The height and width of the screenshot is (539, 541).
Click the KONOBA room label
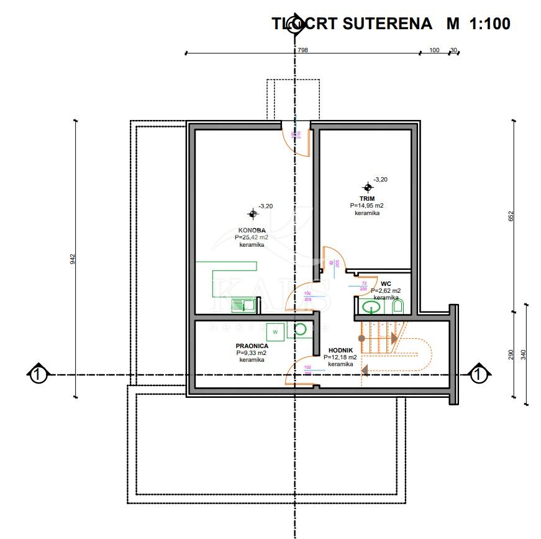252,230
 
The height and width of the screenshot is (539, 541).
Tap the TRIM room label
366,198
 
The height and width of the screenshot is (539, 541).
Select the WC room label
386,283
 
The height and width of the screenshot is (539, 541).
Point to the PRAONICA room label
252,346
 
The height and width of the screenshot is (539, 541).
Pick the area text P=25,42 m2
252,237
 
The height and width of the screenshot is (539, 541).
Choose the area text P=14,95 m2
366,206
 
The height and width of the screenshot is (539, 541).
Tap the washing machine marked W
276,332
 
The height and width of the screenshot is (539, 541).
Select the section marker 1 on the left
38,375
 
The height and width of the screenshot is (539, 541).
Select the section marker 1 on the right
478,375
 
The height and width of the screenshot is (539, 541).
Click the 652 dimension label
511,216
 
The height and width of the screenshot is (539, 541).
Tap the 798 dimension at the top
302,50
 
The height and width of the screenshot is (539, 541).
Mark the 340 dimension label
524,355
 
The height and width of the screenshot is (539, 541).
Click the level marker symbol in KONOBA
253,214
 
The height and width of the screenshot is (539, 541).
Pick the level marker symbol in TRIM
368,187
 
